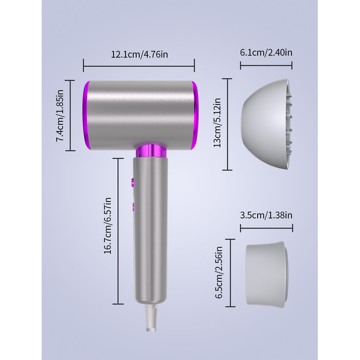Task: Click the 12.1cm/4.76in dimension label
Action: point(139,55)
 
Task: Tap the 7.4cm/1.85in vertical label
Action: point(60,116)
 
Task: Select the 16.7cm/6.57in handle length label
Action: point(107,226)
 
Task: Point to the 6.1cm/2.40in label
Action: point(266,52)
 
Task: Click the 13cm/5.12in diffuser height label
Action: point(217,123)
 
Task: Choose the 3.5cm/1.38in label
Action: point(266,215)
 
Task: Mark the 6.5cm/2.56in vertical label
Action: point(219,273)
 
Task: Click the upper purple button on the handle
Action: point(133,182)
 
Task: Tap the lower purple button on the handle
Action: point(133,206)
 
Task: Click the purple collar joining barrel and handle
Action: point(150,151)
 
